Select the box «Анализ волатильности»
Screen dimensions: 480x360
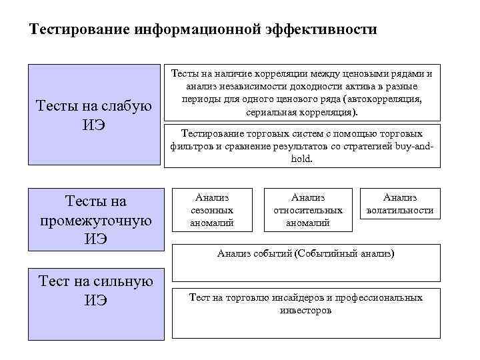[x=400, y=203]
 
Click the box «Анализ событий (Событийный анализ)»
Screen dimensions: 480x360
[x=306, y=262]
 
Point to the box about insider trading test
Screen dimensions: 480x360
[x=306, y=312]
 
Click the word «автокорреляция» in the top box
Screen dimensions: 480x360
[x=387, y=99]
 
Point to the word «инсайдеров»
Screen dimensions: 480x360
[x=297, y=297]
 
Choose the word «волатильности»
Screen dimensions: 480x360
[x=400, y=210]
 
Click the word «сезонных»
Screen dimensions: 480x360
[x=212, y=210]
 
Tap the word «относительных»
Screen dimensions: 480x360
[x=307, y=210]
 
